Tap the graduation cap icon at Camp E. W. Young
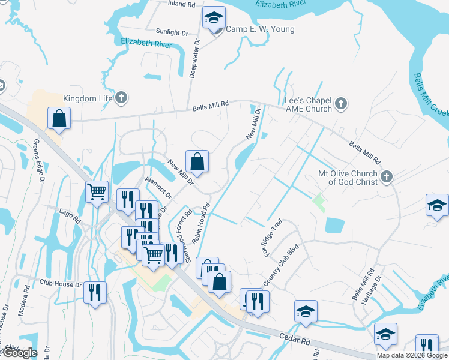click(213, 19)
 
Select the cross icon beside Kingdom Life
click(121, 97)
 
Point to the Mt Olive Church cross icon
click(387, 177)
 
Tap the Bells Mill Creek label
click(431, 96)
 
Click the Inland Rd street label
click(182, 4)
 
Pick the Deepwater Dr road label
click(194, 59)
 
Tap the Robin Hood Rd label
click(200, 223)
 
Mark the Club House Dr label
click(59, 282)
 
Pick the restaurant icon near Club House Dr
click(95, 293)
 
